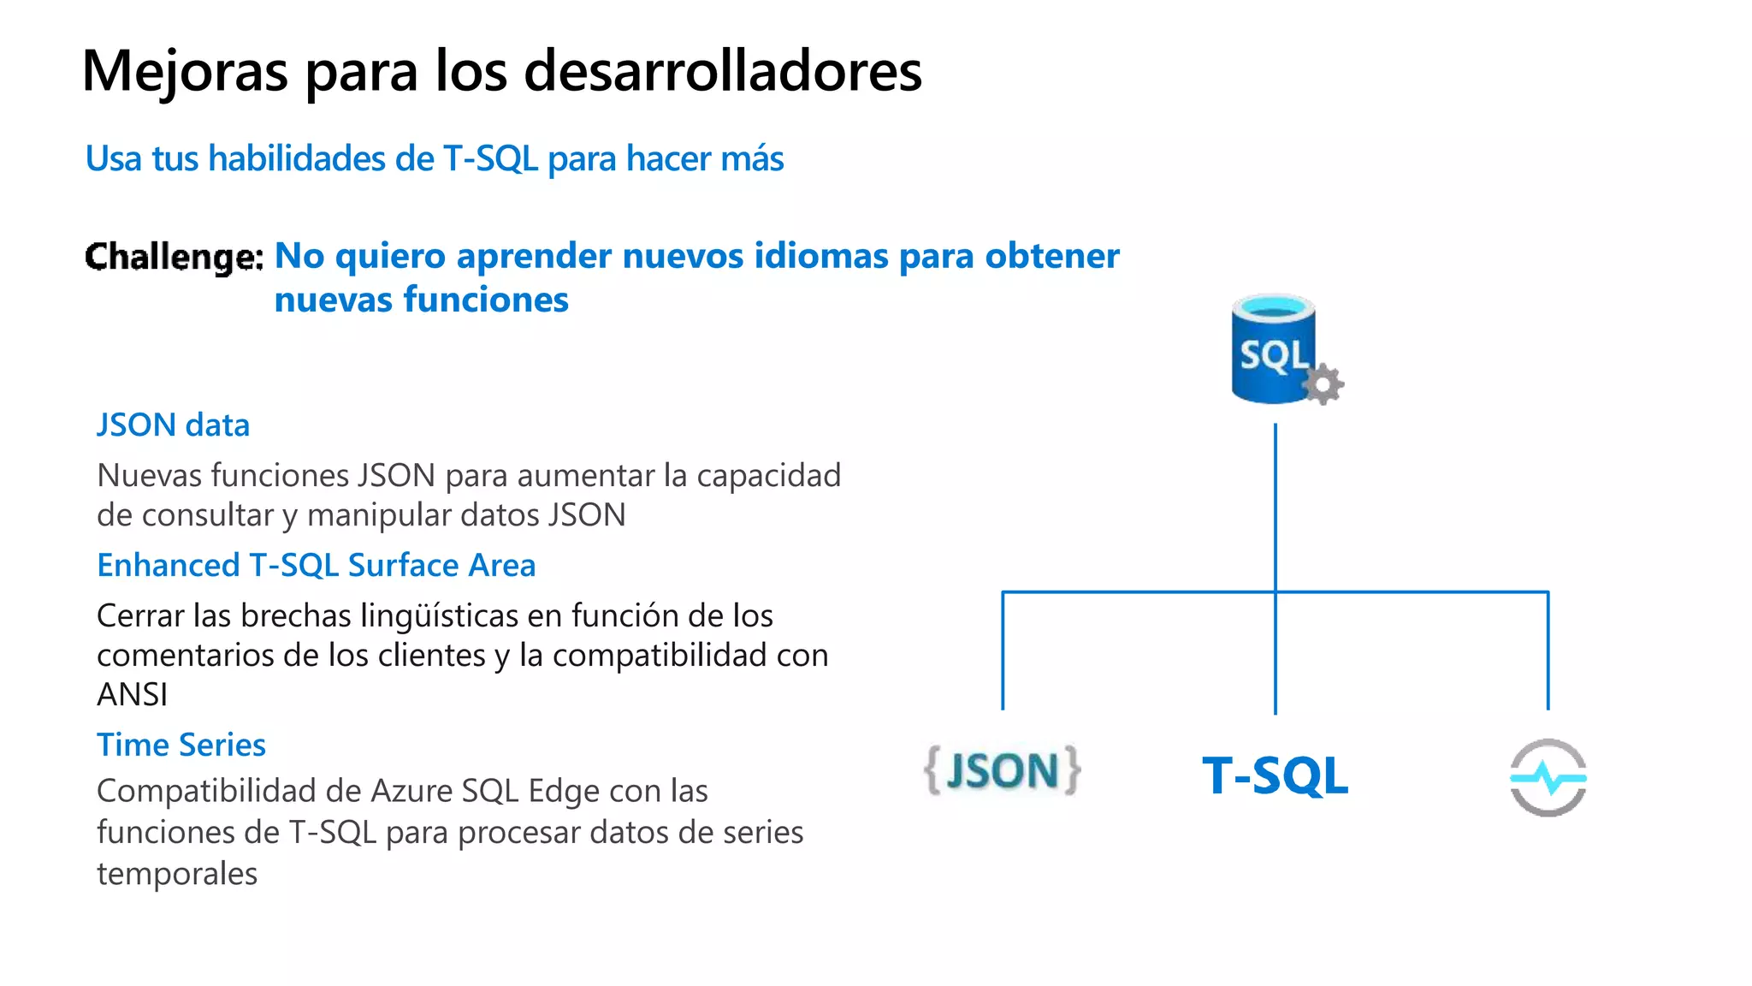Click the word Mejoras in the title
point(185,72)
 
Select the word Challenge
point(174,257)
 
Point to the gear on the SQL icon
point(1323,384)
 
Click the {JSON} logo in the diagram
point(1003,771)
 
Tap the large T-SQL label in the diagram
point(1275,776)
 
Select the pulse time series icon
point(1548,778)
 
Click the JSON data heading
point(173,425)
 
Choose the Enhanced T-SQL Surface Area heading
point(316,566)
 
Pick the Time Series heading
point(181,745)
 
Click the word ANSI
point(132,695)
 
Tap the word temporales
point(176,874)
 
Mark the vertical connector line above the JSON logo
point(1003,650)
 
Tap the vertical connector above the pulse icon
point(1548,650)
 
